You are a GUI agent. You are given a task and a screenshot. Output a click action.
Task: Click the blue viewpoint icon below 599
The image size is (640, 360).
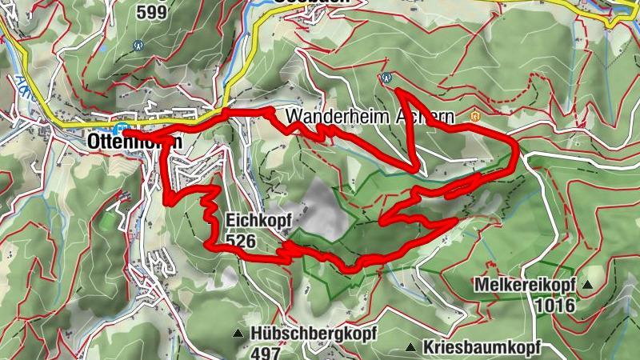pyautogui.click(x=138, y=46)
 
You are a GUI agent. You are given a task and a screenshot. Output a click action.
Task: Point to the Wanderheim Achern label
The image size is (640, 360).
pyautogui.click(x=370, y=116)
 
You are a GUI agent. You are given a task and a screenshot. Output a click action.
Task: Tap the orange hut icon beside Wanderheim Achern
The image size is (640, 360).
pyautogui.click(x=476, y=116)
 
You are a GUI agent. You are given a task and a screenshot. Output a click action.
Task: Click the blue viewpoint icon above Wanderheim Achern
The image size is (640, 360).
pyautogui.click(x=386, y=78)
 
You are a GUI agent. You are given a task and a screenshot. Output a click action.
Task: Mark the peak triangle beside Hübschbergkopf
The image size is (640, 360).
pyautogui.click(x=238, y=333)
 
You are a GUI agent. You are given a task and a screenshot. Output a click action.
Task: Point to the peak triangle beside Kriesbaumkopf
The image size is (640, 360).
pyautogui.click(x=410, y=347)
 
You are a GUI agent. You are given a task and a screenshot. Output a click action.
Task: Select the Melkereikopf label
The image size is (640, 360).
pyautogui.click(x=525, y=284)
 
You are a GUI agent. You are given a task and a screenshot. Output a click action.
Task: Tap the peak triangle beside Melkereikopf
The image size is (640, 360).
pyautogui.click(x=588, y=284)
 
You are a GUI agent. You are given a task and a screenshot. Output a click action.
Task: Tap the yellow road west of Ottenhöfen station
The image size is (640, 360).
pyautogui.click(x=80, y=124)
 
